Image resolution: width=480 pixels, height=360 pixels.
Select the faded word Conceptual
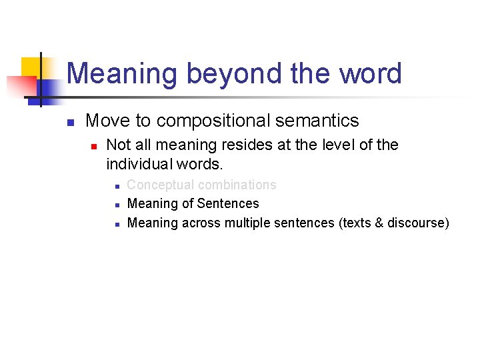(x=160, y=185)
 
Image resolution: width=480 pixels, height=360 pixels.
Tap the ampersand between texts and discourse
(x=380, y=223)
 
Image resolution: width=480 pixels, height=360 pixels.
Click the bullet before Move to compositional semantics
(x=70, y=122)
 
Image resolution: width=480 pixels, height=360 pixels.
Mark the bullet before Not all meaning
(x=94, y=145)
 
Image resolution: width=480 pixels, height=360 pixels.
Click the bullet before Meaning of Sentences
(x=117, y=205)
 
